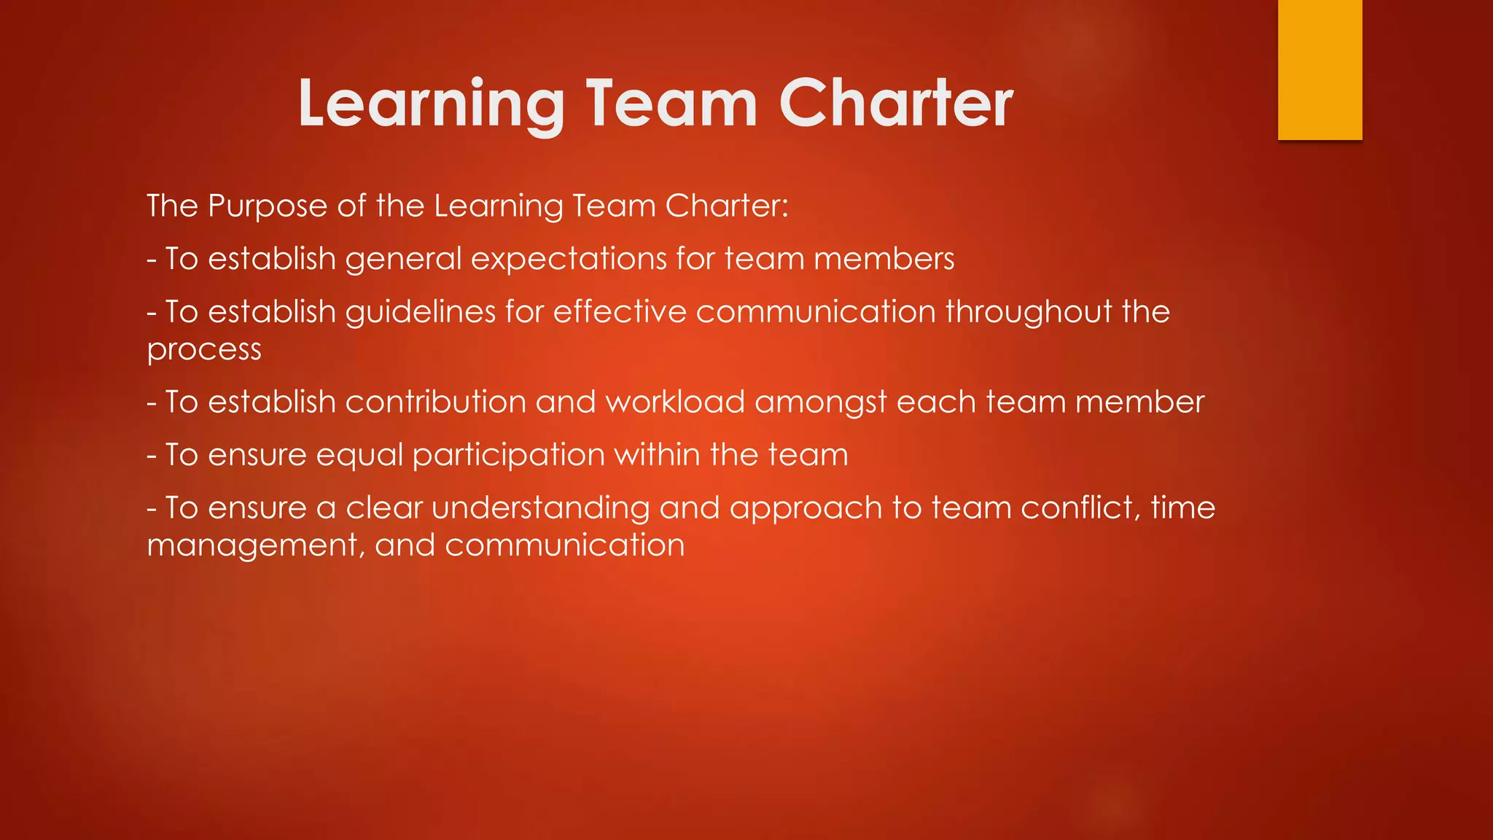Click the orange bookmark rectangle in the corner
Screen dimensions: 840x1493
point(1319,69)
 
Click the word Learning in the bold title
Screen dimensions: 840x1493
point(431,104)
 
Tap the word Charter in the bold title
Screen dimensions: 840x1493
point(896,104)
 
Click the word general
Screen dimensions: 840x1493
point(404,260)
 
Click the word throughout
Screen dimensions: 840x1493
point(1029,312)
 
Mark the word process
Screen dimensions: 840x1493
point(204,350)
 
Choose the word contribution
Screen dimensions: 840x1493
point(435,402)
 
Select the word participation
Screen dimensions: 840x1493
point(509,456)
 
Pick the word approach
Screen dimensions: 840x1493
point(806,509)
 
